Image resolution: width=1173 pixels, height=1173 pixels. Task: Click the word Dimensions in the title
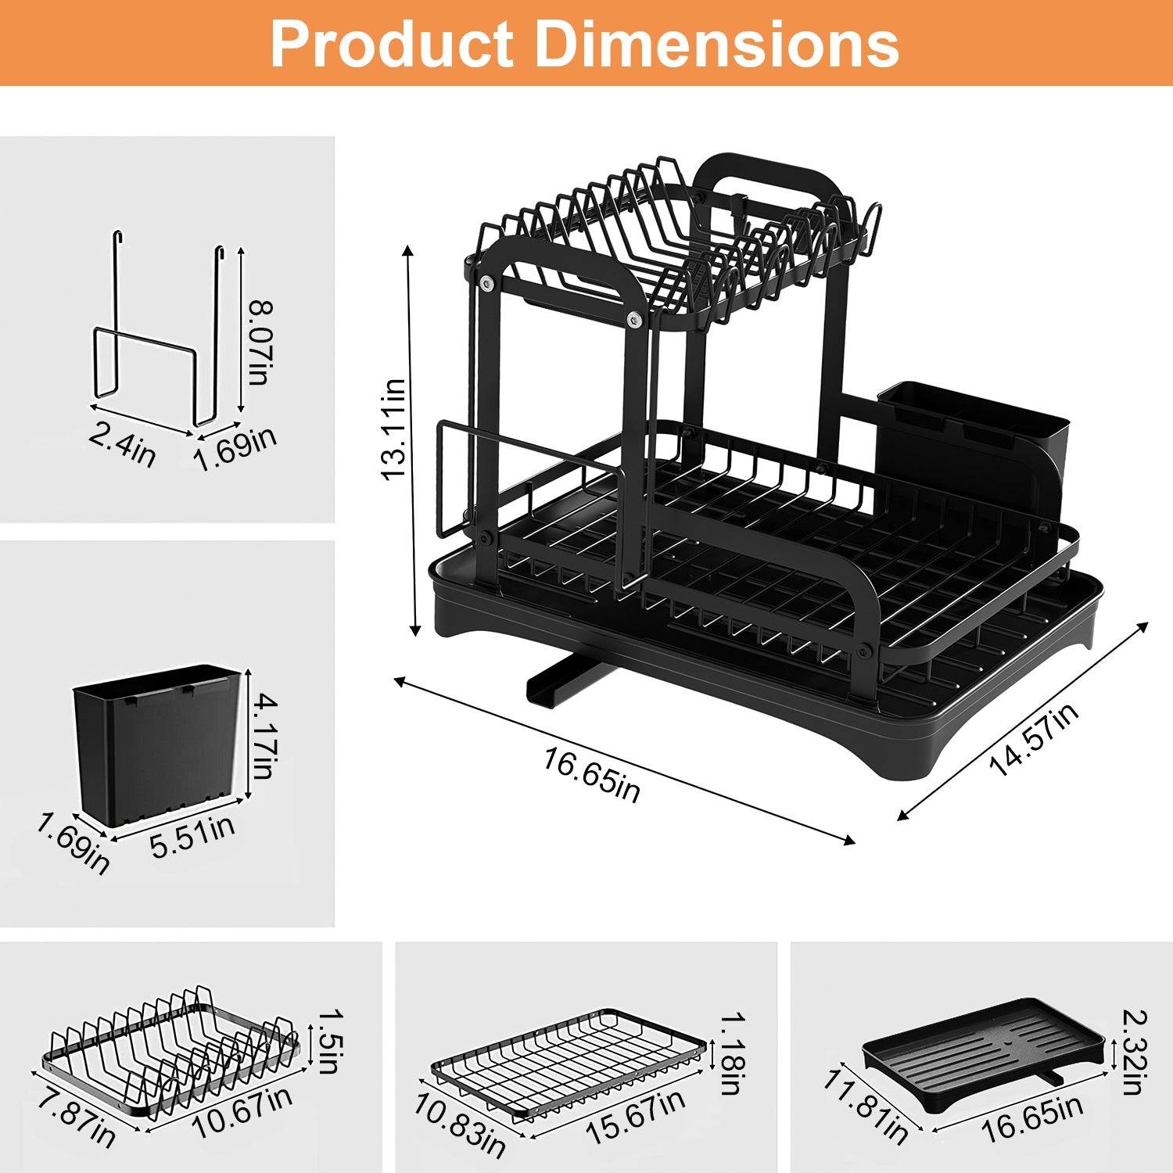[716, 44]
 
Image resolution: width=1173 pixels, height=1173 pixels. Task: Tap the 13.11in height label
[393, 429]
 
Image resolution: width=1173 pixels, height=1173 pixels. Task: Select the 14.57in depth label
[1034, 739]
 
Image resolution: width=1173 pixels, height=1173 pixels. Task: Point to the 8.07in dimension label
[259, 341]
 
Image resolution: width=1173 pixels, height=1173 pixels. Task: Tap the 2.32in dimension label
[1133, 1052]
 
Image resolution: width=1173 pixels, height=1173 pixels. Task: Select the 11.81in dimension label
[866, 1106]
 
